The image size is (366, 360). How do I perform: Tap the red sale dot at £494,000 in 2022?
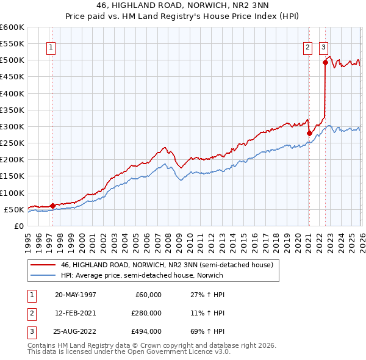tap(325, 62)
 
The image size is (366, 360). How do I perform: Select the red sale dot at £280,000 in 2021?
tap(309, 133)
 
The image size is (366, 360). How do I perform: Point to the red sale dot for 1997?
tap(53, 206)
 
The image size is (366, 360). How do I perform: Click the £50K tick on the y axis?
tap(14, 209)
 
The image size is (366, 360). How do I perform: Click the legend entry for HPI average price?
tap(142, 275)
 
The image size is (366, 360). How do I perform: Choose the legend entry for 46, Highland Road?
tap(170, 265)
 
